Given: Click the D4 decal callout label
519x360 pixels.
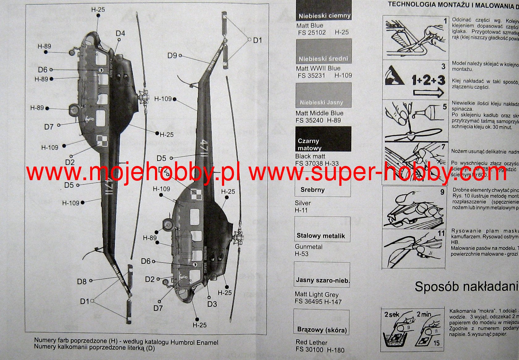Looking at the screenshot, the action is point(120,33).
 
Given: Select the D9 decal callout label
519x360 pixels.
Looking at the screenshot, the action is point(172,56).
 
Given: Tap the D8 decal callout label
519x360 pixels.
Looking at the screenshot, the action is point(82,281).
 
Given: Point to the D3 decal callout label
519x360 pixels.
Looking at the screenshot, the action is point(212,304).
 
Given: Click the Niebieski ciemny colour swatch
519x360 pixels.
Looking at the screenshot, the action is point(324,10).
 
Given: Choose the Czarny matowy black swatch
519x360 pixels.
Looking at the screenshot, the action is point(323,139).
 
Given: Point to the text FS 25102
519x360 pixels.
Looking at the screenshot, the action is point(312,32).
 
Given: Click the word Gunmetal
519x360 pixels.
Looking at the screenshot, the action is point(308,247).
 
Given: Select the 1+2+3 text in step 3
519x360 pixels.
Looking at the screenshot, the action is point(428,80).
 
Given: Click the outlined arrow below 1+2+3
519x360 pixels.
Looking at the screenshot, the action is point(428,92).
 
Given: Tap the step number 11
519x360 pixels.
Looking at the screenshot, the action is point(441,233).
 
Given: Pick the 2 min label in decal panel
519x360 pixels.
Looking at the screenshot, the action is point(424,314).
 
